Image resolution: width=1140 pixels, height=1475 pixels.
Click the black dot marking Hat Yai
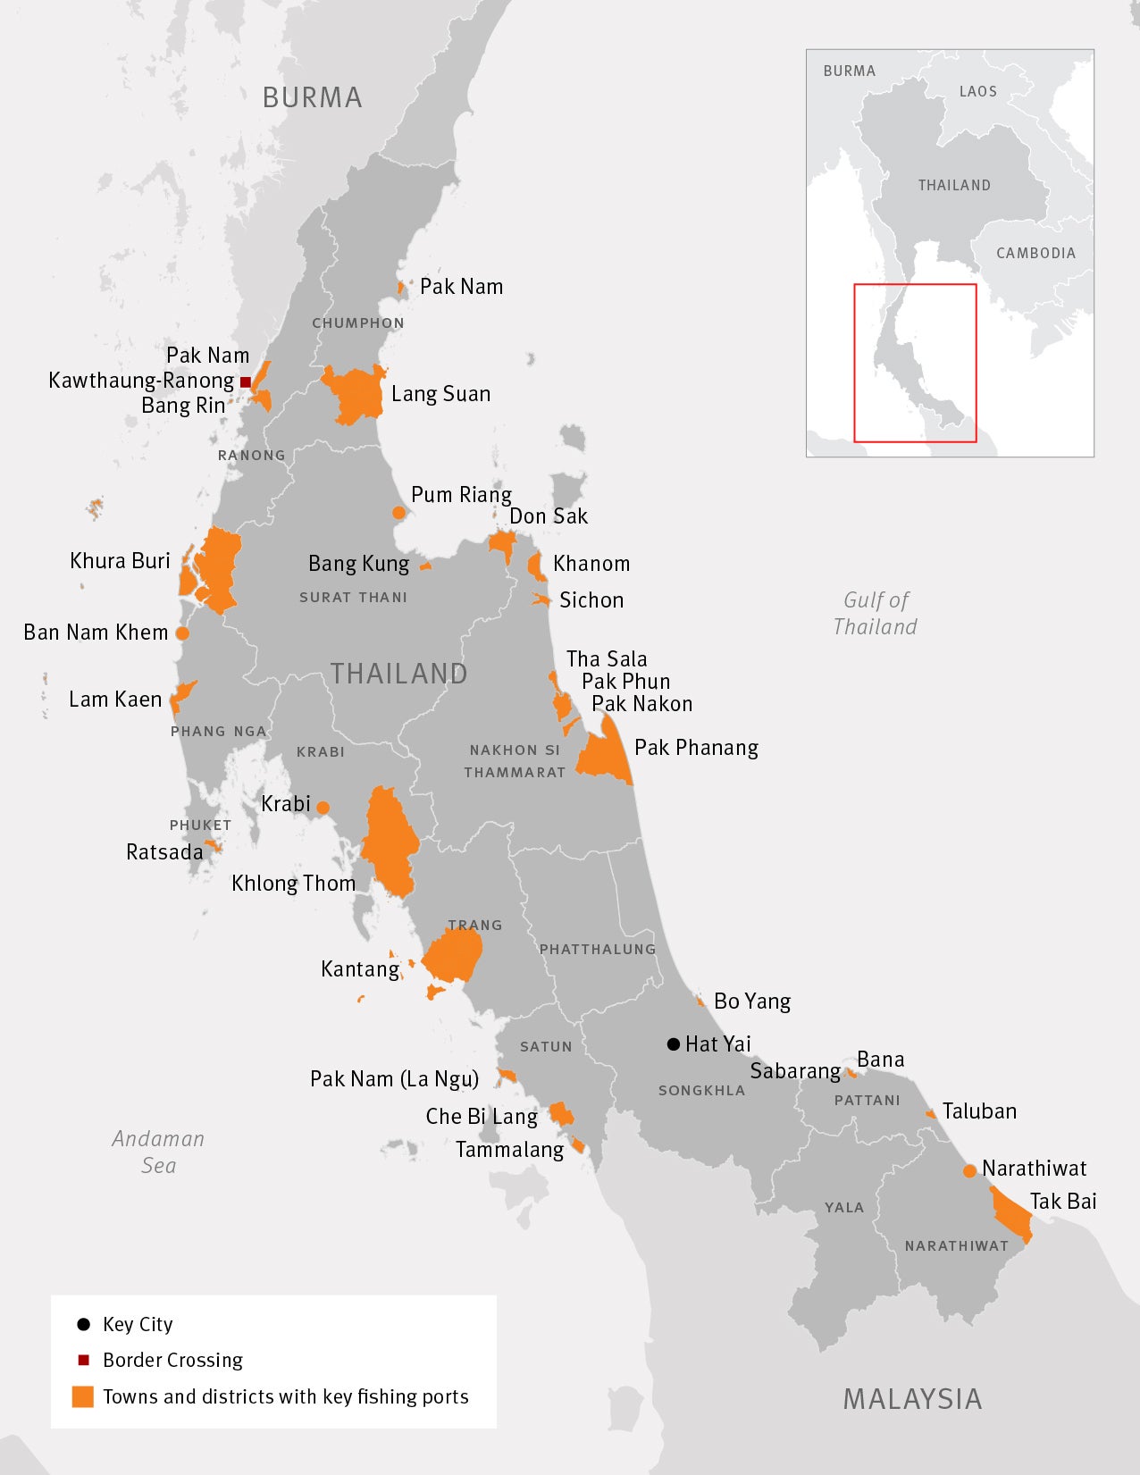[x=674, y=1043]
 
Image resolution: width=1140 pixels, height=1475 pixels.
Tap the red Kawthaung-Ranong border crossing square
[x=246, y=381]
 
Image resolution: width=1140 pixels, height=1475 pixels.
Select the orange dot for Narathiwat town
[x=969, y=1170]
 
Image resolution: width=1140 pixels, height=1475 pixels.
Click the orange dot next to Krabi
[x=323, y=808]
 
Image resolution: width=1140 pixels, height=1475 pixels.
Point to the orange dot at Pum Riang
[x=398, y=513]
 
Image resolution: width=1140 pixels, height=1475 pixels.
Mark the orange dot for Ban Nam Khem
[x=182, y=633]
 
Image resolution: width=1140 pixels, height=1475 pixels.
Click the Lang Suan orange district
[x=355, y=394]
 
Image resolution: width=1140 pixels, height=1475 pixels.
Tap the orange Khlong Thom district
[x=388, y=840]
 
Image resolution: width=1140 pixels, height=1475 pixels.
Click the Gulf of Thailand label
[x=876, y=613]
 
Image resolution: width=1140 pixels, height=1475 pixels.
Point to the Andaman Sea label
[x=158, y=1152]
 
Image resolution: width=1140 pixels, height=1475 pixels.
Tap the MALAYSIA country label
[x=912, y=1399]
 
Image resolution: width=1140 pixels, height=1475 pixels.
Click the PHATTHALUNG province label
[x=597, y=949]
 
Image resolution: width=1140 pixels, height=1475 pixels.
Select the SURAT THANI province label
[x=353, y=597]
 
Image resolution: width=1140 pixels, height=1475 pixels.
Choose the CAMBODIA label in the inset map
[x=1035, y=253]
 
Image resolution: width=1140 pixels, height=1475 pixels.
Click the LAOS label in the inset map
[x=977, y=91]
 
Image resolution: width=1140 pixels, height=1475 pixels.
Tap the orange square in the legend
[x=83, y=1396]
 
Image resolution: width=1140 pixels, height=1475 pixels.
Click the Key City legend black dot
[x=84, y=1324]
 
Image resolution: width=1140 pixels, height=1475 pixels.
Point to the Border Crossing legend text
[x=172, y=1360]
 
